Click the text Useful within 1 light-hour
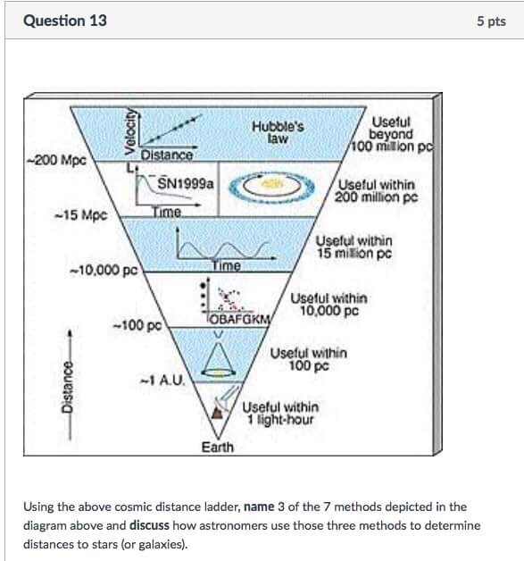279,413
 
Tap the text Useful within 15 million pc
353,247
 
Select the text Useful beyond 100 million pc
391,134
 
